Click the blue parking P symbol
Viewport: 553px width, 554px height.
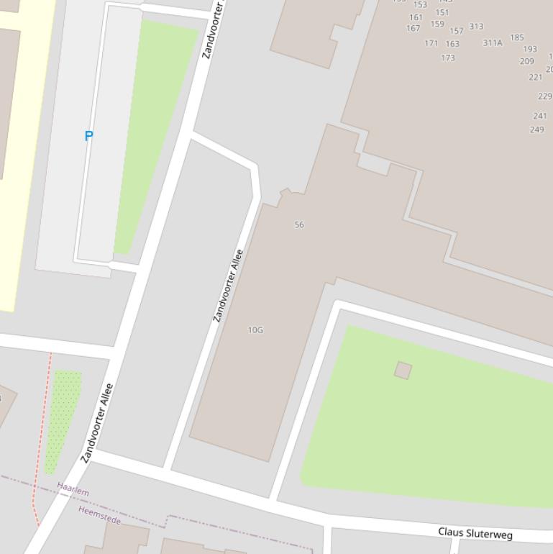[x=89, y=135]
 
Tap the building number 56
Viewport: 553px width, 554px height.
[x=299, y=224]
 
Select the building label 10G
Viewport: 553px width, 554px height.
[x=255, y=330]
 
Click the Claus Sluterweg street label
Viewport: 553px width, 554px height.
[x=475, y=534]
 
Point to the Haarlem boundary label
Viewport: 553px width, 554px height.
[x=73, y=491]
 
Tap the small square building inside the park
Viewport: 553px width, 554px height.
[x=403, y=371]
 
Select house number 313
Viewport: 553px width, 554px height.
[x=476, y=27]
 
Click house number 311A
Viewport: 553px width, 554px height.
[x=493, y=43]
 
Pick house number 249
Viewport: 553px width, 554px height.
[x=536, y=130]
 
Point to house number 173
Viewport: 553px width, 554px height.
[x=448, y=58]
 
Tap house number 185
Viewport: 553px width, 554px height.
[x=517, y=37]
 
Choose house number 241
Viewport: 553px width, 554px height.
[x=540, y=116]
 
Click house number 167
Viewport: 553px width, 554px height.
[x=413, y=29]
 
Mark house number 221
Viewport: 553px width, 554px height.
[x=536, y=77]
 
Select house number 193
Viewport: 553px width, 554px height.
[x=530, y=50]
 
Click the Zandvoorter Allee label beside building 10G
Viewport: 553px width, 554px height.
[x=228, y=286]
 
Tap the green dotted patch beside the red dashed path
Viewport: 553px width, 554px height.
[x=63, y=417]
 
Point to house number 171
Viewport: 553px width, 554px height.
[x=431, y=43]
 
